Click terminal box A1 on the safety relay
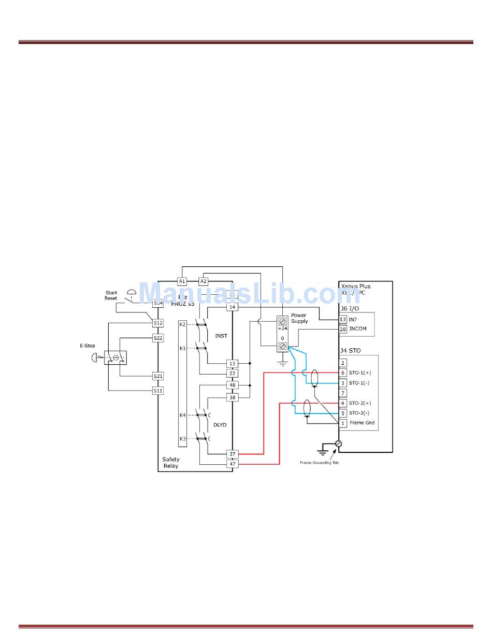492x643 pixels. (182, 281)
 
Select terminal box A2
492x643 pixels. (204, 281)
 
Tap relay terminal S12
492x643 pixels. (158, 323)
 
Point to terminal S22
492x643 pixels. (158, 338)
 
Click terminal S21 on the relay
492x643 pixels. (158, 376)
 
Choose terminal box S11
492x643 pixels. (158, 391)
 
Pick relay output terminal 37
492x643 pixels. (233, 454)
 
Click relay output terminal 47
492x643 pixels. (233, 464)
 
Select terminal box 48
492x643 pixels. (233, 385)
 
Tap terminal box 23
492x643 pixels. (233, 373)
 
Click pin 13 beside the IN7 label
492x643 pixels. (343, 320)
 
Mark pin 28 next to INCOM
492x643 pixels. (343, 329)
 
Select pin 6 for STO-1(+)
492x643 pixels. (343, 373)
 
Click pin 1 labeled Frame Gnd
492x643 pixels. (343, 423)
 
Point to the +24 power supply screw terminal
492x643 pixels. (283, 321)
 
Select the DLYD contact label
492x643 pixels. (220, 425)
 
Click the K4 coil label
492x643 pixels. (182, 415)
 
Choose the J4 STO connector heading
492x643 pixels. (351, 351)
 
